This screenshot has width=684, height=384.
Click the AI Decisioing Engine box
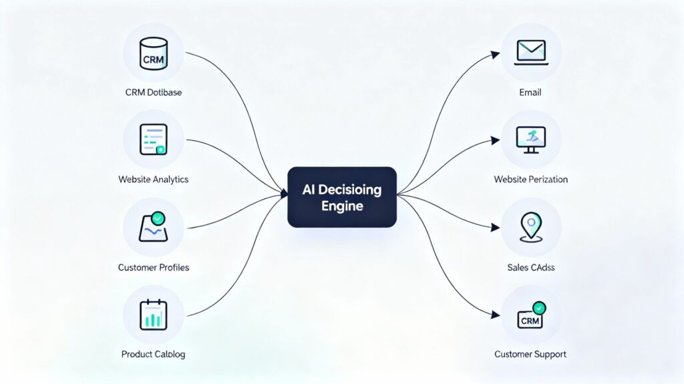point(342,197)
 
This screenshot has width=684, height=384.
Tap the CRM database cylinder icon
point(154,52)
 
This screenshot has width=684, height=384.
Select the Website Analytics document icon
point(154,140)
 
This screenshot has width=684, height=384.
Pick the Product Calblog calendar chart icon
point(154,315)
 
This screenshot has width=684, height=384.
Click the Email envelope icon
point(531,52)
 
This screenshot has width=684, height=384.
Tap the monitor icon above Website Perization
point(531,140)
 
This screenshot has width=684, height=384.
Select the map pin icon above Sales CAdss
point(531,227)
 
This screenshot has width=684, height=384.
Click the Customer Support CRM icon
point(531,315)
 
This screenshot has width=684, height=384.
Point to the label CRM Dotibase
point(154,92)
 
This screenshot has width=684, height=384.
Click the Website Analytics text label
point(154,179)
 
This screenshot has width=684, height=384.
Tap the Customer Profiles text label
point(154,267)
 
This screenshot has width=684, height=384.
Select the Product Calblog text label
point(154,354)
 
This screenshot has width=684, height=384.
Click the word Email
point(531,92)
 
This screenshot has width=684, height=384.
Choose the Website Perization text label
point(531,179)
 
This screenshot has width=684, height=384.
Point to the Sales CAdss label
point(531,267)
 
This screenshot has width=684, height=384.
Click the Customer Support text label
point(531,354)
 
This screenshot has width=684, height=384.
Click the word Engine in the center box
point(341,206)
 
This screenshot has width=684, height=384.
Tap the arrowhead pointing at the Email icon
point(496,53)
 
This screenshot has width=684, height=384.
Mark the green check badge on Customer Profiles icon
point(158,218)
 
